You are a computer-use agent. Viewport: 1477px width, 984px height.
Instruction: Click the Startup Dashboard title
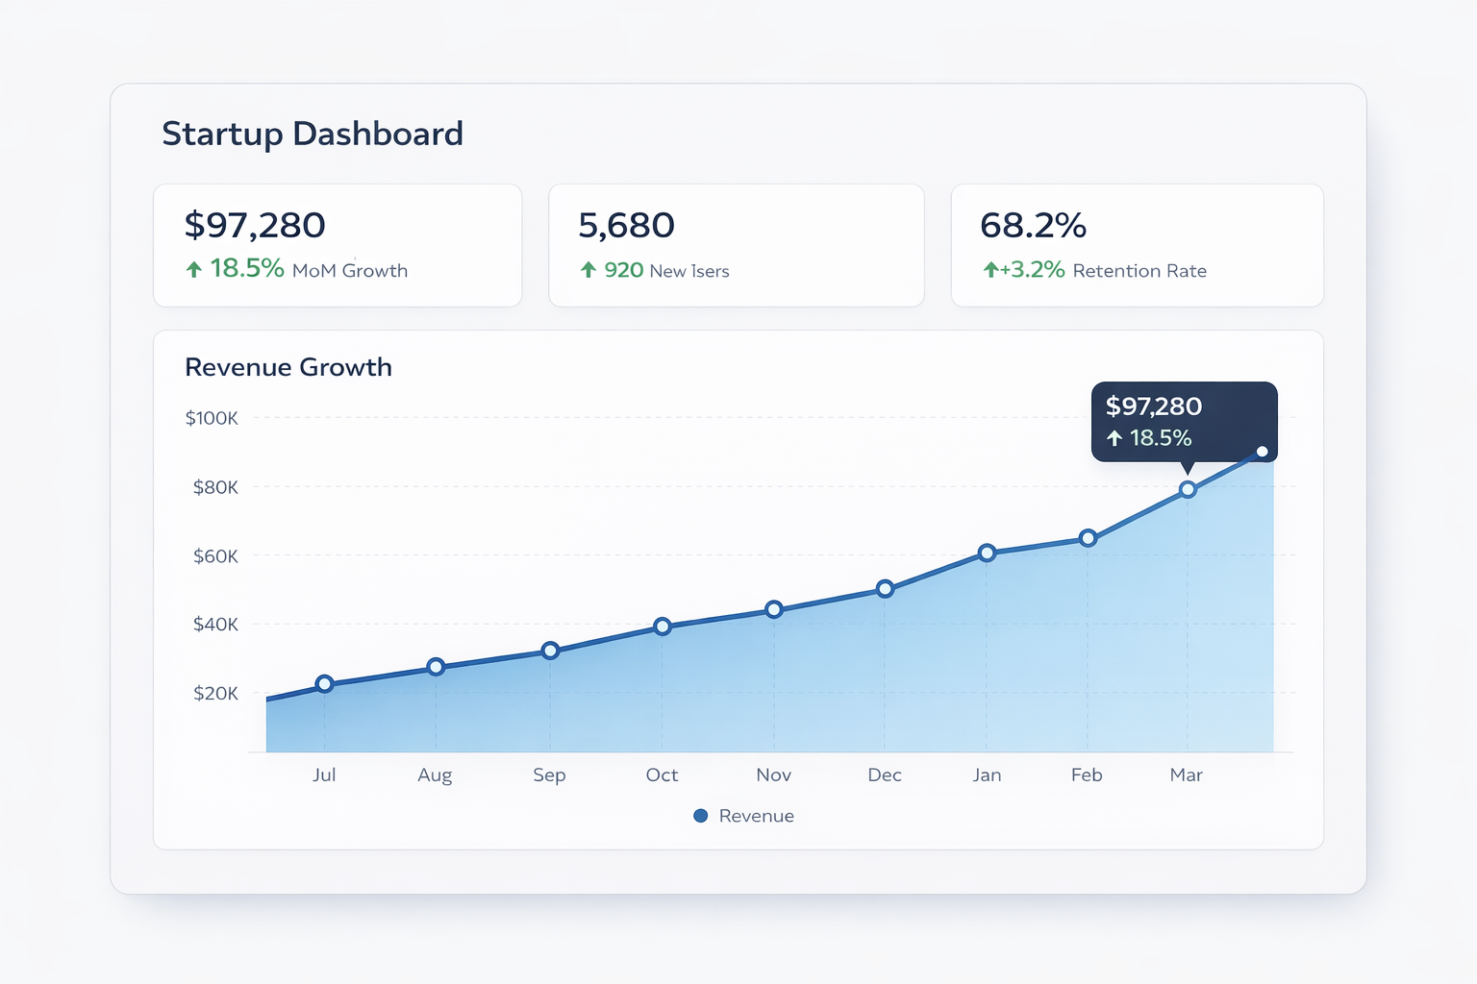pos(313,134)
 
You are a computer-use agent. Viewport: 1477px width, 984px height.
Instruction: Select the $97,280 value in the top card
pos(255,226)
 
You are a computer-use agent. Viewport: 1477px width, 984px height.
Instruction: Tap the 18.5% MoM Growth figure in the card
pos(247,268)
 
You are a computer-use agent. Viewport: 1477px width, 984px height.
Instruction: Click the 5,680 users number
pos(626,226)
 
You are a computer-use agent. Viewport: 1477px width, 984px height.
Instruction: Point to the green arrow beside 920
pos(588,270)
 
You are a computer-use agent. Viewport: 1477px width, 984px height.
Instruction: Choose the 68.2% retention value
pos(1033,226)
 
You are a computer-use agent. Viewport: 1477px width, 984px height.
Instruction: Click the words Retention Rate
pos(1139,271)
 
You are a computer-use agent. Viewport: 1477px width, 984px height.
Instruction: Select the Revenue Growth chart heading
pos(288,367)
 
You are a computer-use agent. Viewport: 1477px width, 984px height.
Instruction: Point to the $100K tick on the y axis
pos(212,418)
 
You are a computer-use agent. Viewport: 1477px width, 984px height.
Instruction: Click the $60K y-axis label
pos(215,556)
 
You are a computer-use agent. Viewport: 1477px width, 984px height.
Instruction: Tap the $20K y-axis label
pos(215,693)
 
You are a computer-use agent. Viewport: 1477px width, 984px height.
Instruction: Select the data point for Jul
pos(325,684)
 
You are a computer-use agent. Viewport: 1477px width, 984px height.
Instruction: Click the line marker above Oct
pos(663,627)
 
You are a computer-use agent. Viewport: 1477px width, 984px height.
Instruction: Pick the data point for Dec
pos(886,589)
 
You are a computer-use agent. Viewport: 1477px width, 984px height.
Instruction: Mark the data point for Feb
pos(1088,538)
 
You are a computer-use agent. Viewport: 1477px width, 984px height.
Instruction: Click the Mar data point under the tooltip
pos(1188,490)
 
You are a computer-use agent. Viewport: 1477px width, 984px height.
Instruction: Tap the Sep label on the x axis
pos(549,775)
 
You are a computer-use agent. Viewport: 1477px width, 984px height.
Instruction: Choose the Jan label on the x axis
pos(987,775)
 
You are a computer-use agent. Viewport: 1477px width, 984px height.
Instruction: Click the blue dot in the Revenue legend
pos(701,816)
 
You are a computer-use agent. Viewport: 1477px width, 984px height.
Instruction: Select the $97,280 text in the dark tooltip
pos(1154,406)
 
